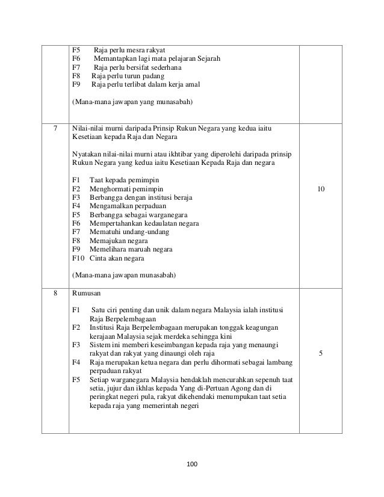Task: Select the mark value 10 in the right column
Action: (x=321, y=189)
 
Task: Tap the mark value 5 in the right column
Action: (x=321, y=354)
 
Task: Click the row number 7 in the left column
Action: (x=55, y=128)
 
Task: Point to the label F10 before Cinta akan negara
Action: (x=78, y=258)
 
